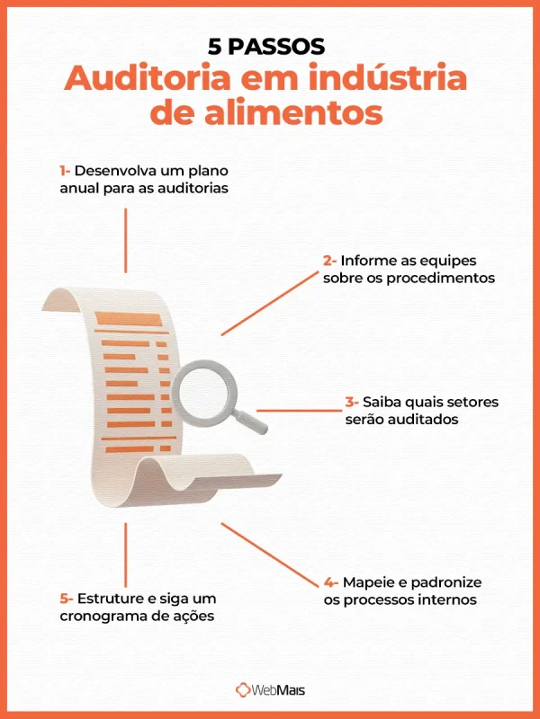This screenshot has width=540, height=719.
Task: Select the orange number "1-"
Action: point(65,171)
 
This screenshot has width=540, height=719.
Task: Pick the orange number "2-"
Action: point(330,261)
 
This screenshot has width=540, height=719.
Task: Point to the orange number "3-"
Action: point(352,402)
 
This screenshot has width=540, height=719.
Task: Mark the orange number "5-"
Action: point(66,598)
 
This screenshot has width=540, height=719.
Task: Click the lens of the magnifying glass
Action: point(203,393)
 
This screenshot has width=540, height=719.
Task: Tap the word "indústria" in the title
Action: point(399,79)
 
